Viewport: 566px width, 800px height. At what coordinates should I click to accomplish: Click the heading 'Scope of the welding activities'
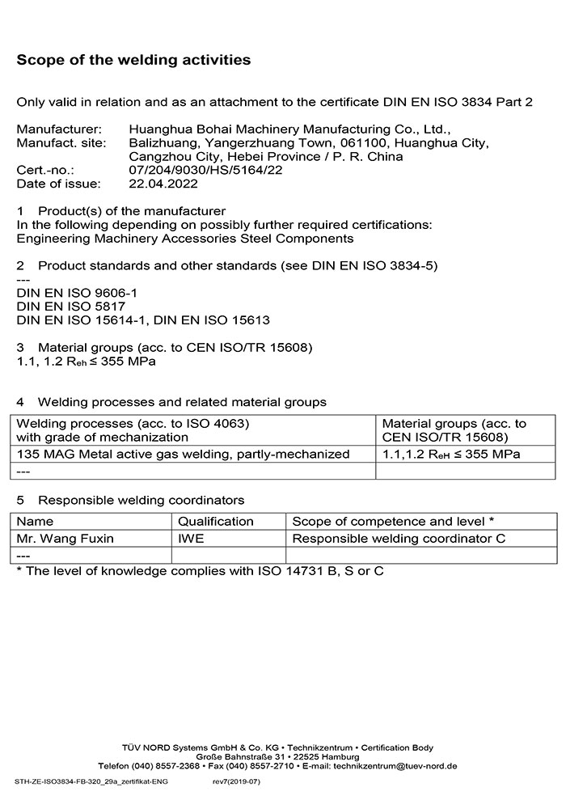pyautogui.click(x=133, y=60)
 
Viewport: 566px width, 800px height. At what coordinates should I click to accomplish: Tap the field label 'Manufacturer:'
pyautogui.click(x=59, y=129)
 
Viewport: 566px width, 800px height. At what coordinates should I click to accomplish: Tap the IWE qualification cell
pyautogui.click(x=192, y=539)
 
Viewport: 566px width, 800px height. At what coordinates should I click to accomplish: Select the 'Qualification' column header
pyautogui.click(x=215, y=522)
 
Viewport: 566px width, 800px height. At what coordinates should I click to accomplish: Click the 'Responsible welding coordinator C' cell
pyautogui.click(x=399, y=539)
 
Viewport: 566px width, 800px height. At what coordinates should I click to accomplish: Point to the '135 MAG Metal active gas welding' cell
pyautogui.click(x=183, y=455)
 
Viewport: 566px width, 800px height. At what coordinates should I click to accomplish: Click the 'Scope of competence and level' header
pyautogui.click(x=393, y=522)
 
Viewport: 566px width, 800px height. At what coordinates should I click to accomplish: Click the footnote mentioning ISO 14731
pyautogui.click(x=200, y=571)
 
